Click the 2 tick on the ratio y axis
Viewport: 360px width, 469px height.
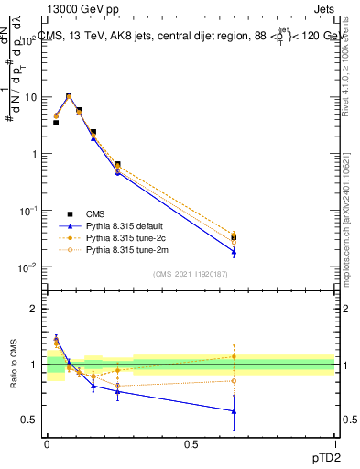point(34,309)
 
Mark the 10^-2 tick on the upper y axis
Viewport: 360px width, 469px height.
point(27,267)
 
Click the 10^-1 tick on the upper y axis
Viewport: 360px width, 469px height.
point(27,211)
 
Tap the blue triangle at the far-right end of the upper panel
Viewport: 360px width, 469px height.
point(234,252)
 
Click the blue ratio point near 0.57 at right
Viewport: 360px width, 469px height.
point(234,411)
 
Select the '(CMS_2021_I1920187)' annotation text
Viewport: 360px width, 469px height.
point(190,274)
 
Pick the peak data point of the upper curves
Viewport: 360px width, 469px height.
point(69,95)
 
